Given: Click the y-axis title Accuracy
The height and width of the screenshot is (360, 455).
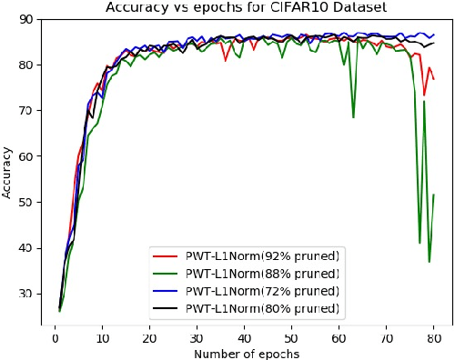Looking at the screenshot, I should click(x=8, y=173).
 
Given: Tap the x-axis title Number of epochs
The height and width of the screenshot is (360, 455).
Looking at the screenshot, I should click(x=245, y=353).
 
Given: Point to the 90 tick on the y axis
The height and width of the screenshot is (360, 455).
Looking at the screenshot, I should click(x=27, y=19).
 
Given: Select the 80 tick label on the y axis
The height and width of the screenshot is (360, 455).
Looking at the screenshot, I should click(x=27, y=65).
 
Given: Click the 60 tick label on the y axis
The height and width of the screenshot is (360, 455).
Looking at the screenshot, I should click(x=27, y=156).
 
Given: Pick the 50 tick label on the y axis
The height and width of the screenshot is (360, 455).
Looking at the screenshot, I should click(x=27, y=202).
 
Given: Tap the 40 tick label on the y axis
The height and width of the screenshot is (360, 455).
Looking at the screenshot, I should click(x=27, y=247).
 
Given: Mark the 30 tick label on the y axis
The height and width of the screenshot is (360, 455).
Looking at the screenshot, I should click(x=27, y=294).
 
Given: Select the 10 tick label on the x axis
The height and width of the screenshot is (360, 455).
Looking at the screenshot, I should click(x=102, y=337).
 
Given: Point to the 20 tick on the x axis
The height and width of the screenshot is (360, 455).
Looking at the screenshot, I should click(x=149, y=337).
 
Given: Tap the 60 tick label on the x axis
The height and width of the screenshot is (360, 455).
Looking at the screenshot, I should click(x=339, y=337).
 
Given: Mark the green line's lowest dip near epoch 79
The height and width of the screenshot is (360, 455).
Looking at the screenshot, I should click(x=429, y=262).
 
